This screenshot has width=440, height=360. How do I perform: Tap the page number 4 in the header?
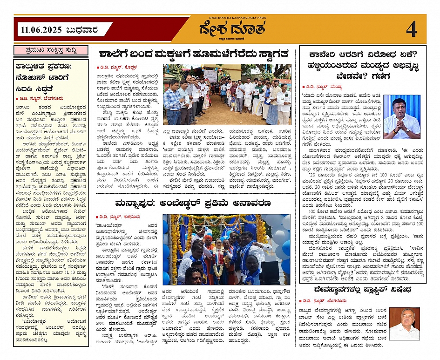click(411, 30)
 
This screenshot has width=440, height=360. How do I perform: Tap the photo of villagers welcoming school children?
click(227, 95)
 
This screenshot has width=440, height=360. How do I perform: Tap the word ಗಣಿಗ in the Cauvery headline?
click(385, 75)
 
